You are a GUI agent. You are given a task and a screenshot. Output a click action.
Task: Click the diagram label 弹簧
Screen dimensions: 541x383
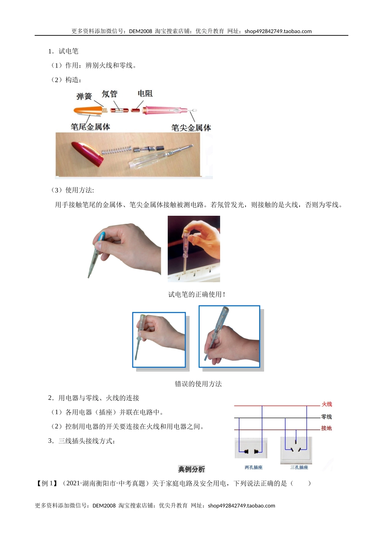[84, 97]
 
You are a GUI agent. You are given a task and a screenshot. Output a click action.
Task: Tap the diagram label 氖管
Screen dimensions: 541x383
[109, 94]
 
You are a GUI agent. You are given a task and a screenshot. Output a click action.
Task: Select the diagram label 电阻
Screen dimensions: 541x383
[145, 94]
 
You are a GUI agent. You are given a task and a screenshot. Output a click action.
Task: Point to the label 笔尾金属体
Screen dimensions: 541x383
[90, 127]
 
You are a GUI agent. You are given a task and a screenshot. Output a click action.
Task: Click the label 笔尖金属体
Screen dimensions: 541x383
[191, 128]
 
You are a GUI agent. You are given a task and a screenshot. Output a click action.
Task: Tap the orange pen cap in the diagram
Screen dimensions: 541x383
[87, 110]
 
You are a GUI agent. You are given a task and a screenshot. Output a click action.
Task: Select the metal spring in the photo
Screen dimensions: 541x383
[116, 151]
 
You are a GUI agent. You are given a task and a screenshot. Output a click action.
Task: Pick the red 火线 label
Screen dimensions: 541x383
[327, 404]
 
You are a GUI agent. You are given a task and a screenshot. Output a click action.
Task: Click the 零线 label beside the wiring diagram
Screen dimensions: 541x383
[326, 417]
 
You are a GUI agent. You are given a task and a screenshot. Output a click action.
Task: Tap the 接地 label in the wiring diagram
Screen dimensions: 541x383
[326, 428]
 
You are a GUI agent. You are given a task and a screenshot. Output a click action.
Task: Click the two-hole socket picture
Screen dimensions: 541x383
[251, 448]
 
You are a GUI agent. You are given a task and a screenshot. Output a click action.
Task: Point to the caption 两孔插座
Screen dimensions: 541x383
[253, 467]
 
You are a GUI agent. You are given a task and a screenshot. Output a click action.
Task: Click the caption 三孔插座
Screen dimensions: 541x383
[299, 467]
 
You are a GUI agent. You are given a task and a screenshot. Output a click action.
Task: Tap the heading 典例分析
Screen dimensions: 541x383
[191, 469]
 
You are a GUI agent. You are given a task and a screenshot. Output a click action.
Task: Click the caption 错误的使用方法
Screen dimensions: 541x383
[198, 384]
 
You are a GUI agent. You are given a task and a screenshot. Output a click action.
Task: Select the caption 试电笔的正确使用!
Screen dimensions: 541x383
[197, 295]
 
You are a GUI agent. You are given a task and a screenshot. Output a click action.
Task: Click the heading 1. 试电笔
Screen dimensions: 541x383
[63, 51]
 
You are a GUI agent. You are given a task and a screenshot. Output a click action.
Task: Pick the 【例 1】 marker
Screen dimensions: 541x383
[47, 483]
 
